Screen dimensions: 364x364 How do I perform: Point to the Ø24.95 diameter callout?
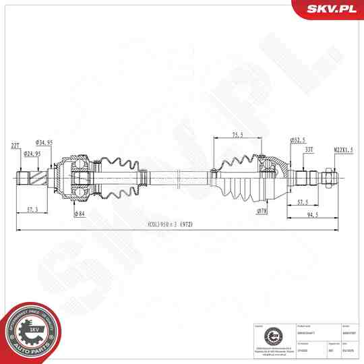pyautogui.click(x=32, y=154)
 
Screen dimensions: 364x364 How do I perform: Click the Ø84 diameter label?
pyautogui.click(x=80, y=214)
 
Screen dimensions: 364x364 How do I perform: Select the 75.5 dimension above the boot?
pyautogui.click(x=237, y=134)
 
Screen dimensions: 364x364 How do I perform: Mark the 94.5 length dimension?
pyautogui.click(x=312, y=215)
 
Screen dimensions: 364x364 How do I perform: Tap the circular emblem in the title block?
pyautogui.click(x=272, y=334)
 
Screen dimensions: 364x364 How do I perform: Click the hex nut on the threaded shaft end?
pyautogui.click(x=330, y=178)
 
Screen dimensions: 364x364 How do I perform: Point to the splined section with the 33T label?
pyautogui.click(x=307, y=178)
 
